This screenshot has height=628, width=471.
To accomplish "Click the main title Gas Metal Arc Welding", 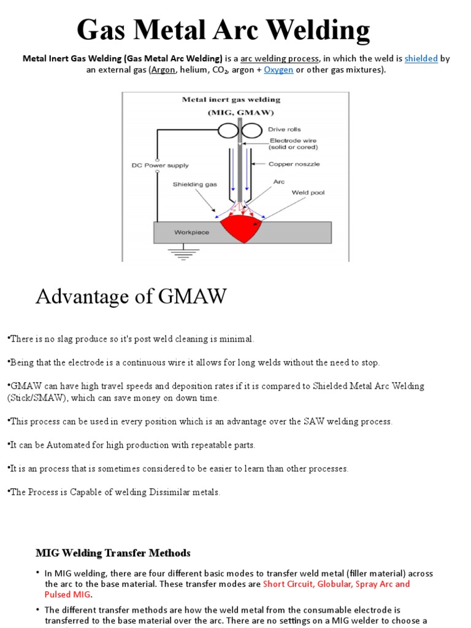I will pos(223,30).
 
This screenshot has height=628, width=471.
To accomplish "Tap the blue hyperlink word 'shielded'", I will pos(421,59).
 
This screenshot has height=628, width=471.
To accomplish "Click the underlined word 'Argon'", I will pos(163,70).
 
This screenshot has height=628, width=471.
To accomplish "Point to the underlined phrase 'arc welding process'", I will pos(279,59).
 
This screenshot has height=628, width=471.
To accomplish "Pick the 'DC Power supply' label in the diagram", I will pos(160,165).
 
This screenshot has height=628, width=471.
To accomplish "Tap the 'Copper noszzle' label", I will pos(294,164).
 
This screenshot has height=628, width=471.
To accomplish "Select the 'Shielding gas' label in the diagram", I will pos(193,183).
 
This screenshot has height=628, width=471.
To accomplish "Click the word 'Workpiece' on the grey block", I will pos(191,232).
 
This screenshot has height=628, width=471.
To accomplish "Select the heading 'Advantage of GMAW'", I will pos(131,296).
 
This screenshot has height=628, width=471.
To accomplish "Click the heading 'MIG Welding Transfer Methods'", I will pos(113,553).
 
